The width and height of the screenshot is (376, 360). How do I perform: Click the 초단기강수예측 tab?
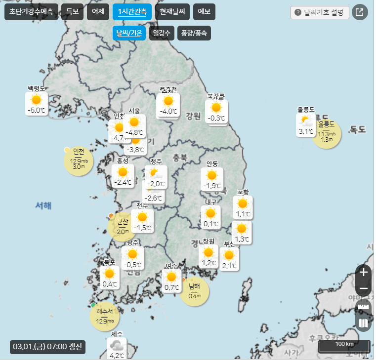32,12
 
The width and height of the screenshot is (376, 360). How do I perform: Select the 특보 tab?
72,12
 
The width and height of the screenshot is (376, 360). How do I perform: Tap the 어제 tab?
98,12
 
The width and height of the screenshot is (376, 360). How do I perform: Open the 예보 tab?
204,12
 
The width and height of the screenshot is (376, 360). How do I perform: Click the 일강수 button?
162,34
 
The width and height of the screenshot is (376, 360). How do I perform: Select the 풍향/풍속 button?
194,34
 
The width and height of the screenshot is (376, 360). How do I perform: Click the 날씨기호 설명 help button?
320,12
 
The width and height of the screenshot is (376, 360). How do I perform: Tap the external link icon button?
359,12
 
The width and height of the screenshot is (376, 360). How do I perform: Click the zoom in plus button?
364,272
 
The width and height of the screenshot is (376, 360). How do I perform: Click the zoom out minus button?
364,289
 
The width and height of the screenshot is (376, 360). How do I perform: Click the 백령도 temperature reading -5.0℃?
37,111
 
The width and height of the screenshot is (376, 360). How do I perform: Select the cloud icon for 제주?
117,345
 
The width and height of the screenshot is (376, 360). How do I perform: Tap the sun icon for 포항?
242,203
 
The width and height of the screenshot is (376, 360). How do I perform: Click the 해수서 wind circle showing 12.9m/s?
105,316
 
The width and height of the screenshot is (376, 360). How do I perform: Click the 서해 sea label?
43,206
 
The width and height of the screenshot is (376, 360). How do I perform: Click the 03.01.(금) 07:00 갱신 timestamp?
48,346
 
